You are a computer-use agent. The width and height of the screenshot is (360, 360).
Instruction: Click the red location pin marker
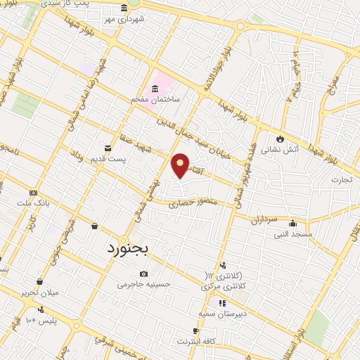[181, 165]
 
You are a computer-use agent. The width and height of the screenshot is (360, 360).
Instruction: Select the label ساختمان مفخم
[155, 100]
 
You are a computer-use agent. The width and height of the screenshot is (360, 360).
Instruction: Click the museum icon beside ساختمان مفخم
[155, 88]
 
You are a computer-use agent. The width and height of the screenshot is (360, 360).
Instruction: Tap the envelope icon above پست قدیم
[108, 148]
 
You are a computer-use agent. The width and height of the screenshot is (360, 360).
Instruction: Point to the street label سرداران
[264, 219]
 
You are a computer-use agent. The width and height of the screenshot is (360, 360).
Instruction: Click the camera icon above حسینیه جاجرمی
[143, 274]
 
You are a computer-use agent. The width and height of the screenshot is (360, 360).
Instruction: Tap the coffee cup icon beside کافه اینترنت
[195, 330]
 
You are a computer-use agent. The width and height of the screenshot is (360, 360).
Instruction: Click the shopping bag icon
[94, 226]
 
